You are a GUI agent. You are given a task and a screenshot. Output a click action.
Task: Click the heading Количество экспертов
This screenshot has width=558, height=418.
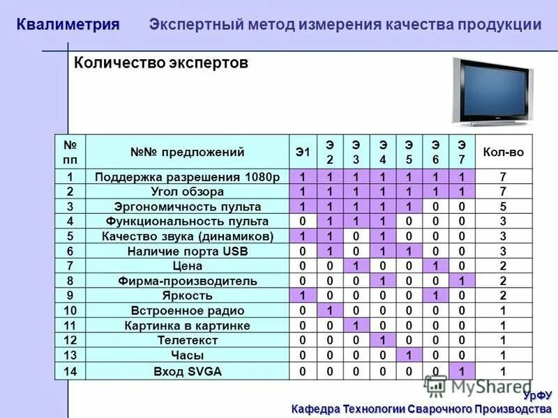pyautogui.click(x=161, y=63)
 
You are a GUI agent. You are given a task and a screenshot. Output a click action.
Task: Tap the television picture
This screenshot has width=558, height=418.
pyautogui.click(x=493, y=90)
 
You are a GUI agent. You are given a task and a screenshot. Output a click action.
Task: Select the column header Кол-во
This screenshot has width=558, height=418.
pyautogui.click(x=502, y=152)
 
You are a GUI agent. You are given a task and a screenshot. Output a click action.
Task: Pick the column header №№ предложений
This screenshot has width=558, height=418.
pyautogui.click(x=188, y=152)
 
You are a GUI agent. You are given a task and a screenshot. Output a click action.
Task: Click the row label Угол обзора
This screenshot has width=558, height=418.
pyautogui.click(x=188, y=192)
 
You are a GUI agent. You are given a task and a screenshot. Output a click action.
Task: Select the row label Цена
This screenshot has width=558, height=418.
pyautogui.click(x=188, y=266)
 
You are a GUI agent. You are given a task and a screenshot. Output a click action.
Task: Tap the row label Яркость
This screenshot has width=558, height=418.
pyautogui.click(x=188, y=295)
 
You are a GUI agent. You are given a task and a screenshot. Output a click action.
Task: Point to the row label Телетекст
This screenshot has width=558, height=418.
pyautogui.click(x=188, y=341)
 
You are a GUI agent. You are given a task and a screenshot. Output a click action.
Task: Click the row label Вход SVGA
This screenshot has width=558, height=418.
pyautogui.click(x=188, y=371)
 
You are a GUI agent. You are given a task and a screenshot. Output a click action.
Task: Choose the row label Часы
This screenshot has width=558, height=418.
pyautogui.click(x=188, y=355)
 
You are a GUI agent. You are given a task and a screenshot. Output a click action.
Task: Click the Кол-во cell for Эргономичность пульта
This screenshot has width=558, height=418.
pyautogui.click(x=502, y=207)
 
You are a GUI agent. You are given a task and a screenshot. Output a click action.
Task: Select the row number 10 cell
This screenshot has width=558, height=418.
pyautogui.click(x=70, y=311)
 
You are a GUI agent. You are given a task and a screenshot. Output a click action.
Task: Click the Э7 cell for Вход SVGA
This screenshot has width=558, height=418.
pyautogui.click(x=461, y=371)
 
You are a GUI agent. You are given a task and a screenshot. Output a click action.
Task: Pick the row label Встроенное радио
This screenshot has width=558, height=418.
pyautogui.click(x=188, y=311)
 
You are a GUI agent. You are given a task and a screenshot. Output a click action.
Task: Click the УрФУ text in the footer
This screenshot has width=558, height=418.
pyautogui.click(x=537, y=396)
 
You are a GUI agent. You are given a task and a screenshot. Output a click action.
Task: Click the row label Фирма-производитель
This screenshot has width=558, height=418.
pyautogui.click(x=188, y=281)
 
